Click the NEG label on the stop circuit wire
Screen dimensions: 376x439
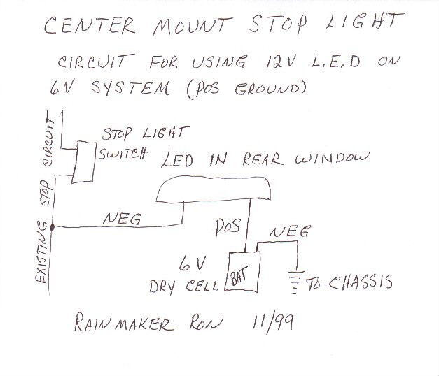(123, 219)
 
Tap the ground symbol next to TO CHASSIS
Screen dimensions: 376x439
(296, 282)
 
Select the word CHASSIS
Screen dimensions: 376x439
(358, 282)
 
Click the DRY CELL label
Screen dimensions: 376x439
(184, 285)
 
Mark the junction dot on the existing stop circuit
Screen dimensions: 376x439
(53, 227)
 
